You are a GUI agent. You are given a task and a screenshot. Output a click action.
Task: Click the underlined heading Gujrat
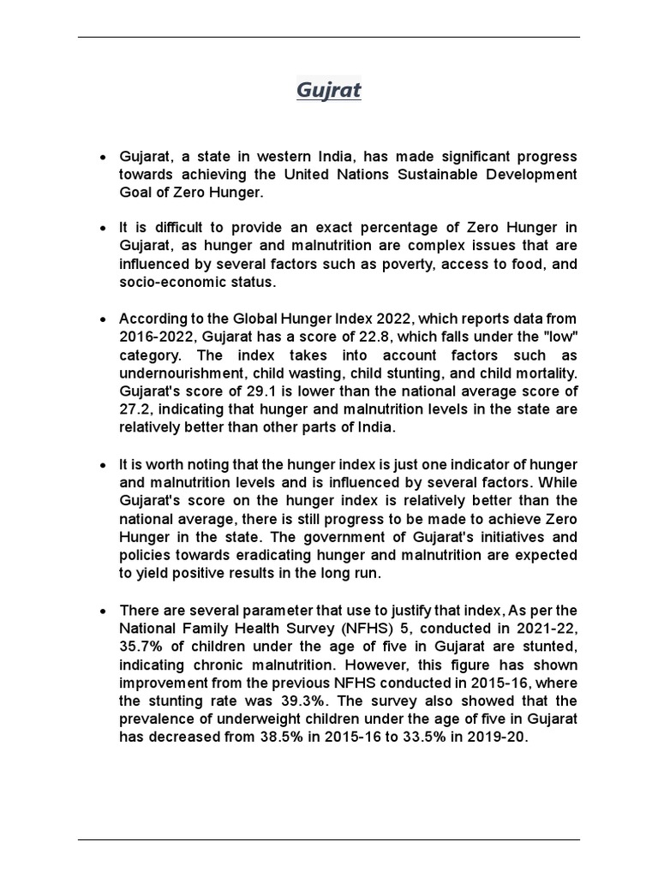pyautogui.click(x=328, y=90)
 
